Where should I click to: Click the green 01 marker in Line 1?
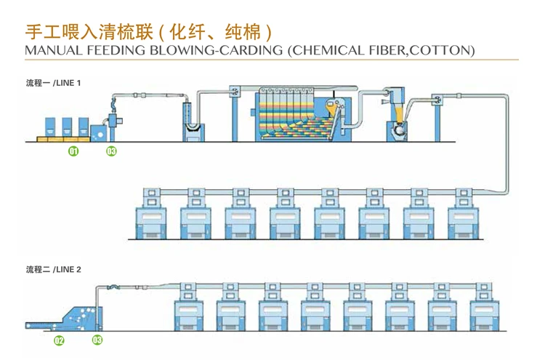(73, 151)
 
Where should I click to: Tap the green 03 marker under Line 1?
(111, 151)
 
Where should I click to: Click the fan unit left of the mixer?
(238, 92)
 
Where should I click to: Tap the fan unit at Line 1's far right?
(440, 97)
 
